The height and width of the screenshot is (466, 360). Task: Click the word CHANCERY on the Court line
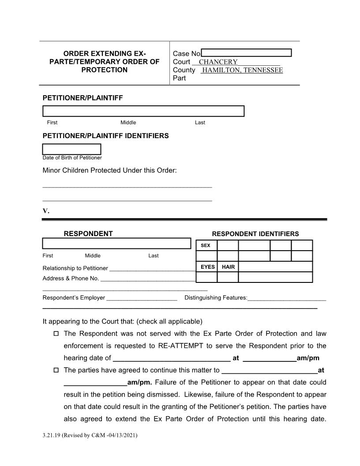click(x=218, y=62)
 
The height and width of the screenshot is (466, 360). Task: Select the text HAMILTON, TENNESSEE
click(x=242, y=70)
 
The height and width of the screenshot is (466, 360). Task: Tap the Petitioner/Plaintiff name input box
click(x=143, y=111)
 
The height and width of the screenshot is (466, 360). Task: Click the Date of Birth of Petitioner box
click(x=71, y=149)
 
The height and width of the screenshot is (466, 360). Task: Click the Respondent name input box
click(x=116, y=244)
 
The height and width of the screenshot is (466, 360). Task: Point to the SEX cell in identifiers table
click(x=206, y=245)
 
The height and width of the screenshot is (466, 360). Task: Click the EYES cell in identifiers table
click(x=207, y=267)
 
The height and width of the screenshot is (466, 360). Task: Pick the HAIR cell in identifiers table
click(x=228, y=267)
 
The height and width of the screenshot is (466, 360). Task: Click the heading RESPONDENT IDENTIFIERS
click(x=255, y=234)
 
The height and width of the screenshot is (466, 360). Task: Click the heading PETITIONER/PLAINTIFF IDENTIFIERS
click(x=105, y=136)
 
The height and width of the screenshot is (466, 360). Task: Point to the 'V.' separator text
click(x=46, y=211)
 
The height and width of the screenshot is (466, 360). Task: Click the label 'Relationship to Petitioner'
click(x=75, y=268)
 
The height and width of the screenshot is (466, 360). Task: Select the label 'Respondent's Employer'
click(x=74, y=298)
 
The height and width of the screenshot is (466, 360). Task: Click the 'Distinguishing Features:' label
click(x=216, y=298)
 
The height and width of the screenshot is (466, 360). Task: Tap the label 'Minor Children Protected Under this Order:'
click(x=109, y=170)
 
